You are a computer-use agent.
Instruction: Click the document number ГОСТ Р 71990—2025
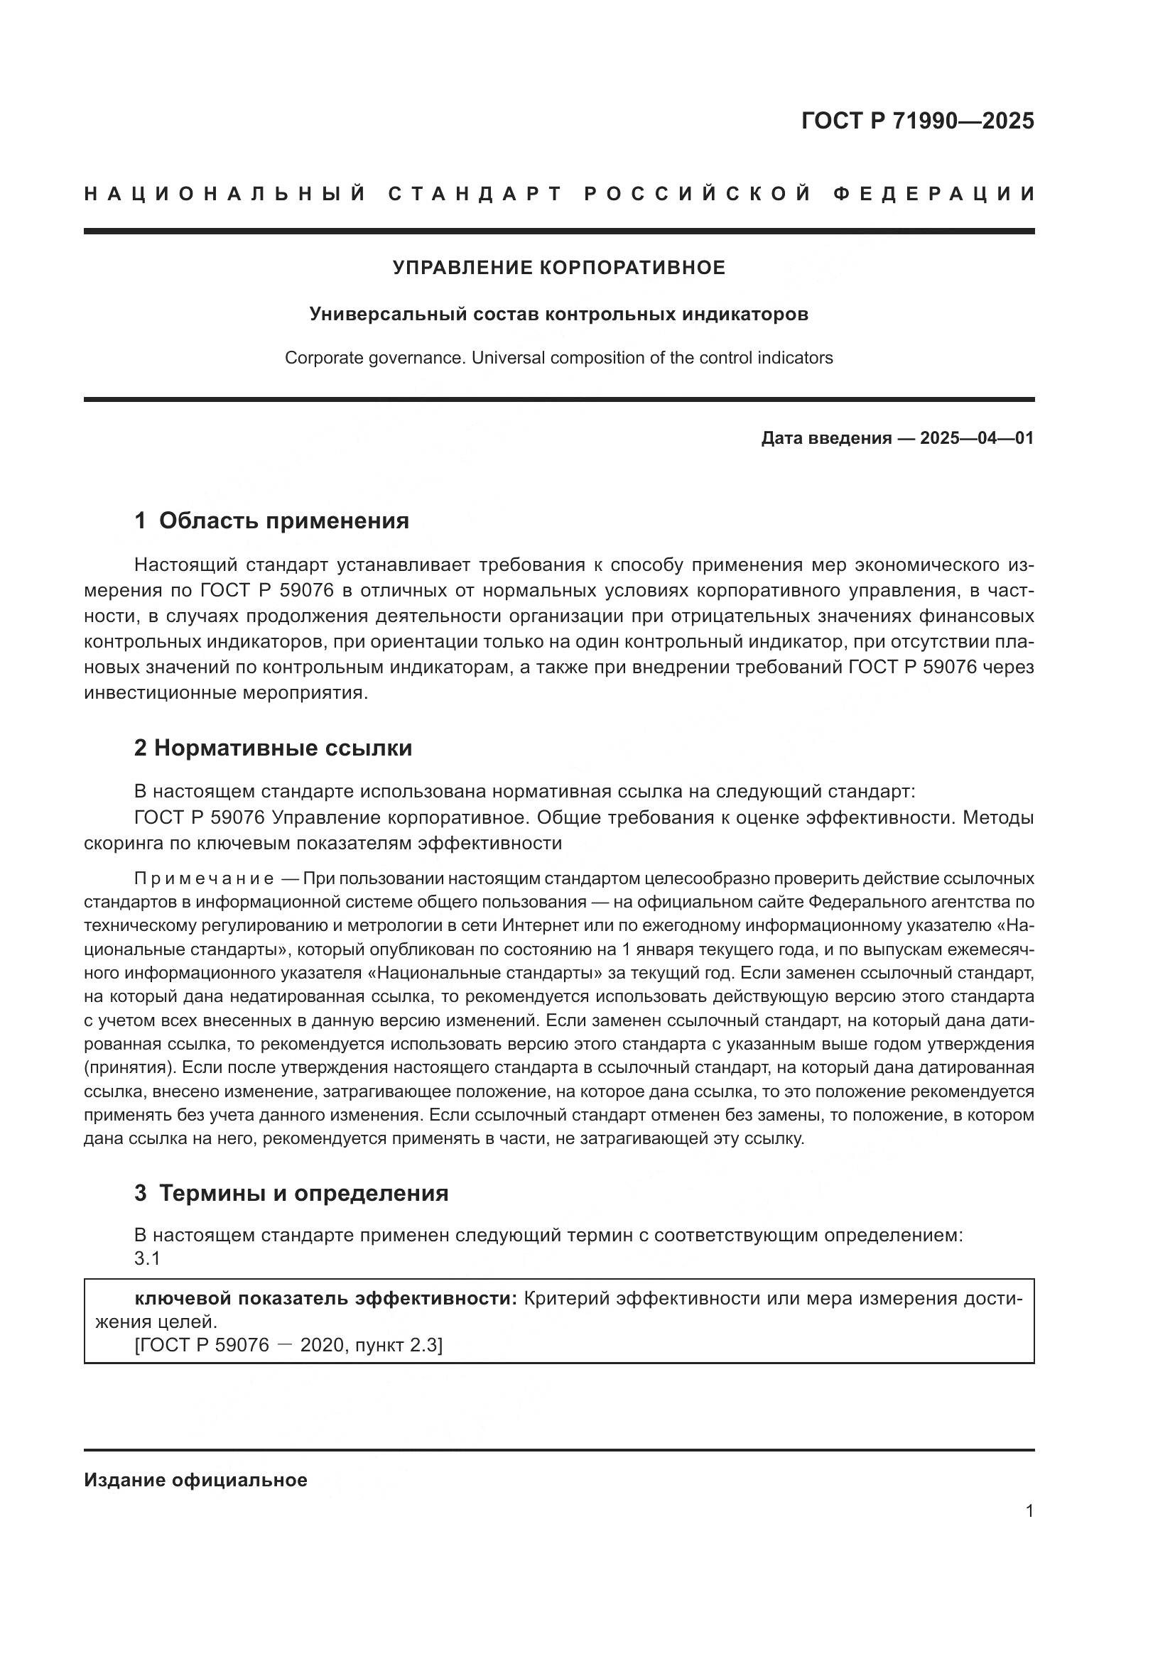917,121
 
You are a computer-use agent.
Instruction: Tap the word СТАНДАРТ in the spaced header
475,194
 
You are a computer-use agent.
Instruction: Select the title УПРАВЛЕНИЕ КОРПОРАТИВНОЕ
558,268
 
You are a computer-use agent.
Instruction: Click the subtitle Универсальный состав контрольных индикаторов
558,314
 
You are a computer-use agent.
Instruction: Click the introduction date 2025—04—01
976,437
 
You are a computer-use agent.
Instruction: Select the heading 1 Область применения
271,520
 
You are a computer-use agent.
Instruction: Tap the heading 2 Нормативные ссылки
273,747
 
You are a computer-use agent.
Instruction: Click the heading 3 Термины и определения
291,1192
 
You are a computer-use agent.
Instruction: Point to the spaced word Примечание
204,878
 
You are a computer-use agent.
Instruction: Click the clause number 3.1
147,1258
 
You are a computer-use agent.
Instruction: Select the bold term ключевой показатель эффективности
325,1298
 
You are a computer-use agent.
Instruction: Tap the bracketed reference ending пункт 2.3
288,1345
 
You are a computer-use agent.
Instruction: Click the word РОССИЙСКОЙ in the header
698,194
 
